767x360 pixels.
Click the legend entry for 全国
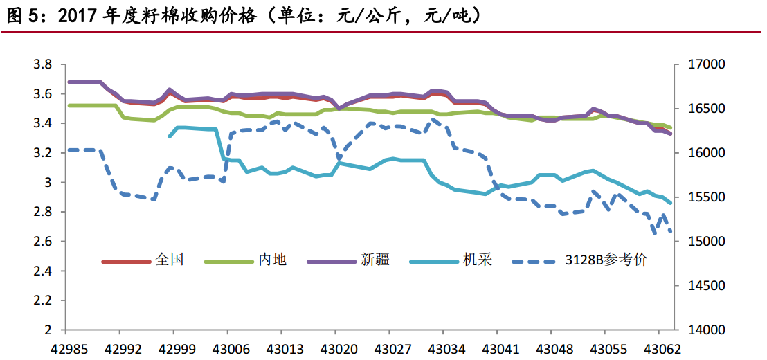click(x=170, y=261)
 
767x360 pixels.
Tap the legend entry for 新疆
click(x=375, y=261)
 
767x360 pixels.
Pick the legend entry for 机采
click(x=477, y=261)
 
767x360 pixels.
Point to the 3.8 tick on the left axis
click(x=43, y=64)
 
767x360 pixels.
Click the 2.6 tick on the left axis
click(x=43, y=242)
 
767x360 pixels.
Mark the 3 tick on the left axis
click(x=48, y=183)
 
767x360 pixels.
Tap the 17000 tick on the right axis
click(x=707, y=64)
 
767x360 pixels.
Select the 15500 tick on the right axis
click(x=707, y=197)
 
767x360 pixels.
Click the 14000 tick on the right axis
click(x=707, y=330)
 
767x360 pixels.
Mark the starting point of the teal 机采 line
click(x=170, y=136)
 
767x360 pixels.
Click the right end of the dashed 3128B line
click(x=671, y=232)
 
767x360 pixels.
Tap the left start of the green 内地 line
click(x=68, y=105)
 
